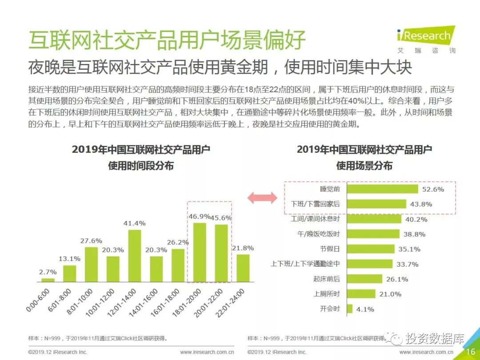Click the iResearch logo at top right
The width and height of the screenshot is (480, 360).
pyautogui.click(x=426, y=39)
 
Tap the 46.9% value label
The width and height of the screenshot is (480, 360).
pyautogui.click(x=200, y=216)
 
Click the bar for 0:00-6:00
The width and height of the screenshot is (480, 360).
pyautogui.click(x=48, y=280)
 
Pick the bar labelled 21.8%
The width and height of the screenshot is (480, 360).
pyautogui.click(x=243, y=268)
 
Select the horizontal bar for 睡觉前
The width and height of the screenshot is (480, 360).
pyautogui.click(x=382, y=189)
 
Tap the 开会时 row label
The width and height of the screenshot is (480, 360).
pyautogui.click(x=330, y=308)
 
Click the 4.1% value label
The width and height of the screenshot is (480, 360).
pyautogui.click(x=365, y=309)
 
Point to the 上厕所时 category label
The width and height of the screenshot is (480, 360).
pyautogui.click(x=327, y=293)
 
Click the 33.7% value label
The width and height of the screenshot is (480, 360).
pyautogui.click(x=408, y=264)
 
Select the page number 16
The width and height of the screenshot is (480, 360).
pyautogui.click(x=471, y=352)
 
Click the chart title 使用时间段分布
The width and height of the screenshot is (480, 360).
pyautogui.click(x=141, y=166)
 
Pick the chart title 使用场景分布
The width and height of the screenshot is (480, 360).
pyautogui.click(x=364, y=166)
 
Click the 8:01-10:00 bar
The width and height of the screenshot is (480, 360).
pyautogui.click(x=91, y=264)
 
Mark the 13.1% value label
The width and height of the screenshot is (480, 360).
pyautogui.click(x=69, y=258)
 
